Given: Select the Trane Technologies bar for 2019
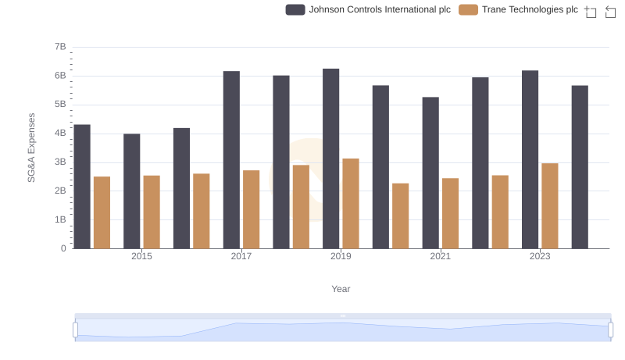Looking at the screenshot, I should (351, 203).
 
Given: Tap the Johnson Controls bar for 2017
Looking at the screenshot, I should (231, 159).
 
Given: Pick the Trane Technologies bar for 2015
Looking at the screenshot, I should (152, 212).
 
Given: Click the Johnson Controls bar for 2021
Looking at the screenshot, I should (430, 173).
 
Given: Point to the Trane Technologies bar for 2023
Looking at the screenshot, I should (550, 205).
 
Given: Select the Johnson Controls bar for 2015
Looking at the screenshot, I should (132, 191).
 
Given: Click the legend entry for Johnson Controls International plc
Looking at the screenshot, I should (368, 9).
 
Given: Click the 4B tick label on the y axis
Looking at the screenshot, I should (60, 134).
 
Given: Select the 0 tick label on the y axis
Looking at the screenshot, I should (63, 248).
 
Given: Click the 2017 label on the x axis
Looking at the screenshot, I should (241, 256).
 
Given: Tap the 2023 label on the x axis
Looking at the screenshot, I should (540, 256).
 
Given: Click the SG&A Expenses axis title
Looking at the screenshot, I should (32, 148).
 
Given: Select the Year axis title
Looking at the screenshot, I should (341, 289).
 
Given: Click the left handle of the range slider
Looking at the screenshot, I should (76, 330).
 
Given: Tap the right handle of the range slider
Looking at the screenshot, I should (611, 330).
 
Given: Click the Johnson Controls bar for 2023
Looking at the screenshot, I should (530, 159).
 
